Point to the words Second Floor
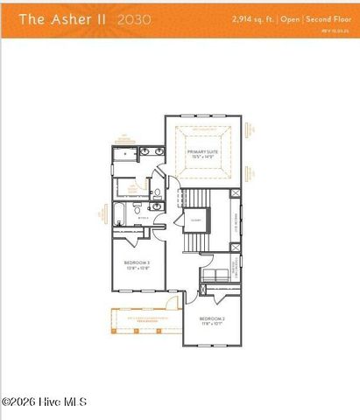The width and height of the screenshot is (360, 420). click(326, 17)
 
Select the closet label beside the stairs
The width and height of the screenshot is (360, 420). click(193, 219)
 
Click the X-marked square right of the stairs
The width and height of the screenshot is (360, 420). click(235, 196)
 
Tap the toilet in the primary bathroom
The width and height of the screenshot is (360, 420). click(150, 193)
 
